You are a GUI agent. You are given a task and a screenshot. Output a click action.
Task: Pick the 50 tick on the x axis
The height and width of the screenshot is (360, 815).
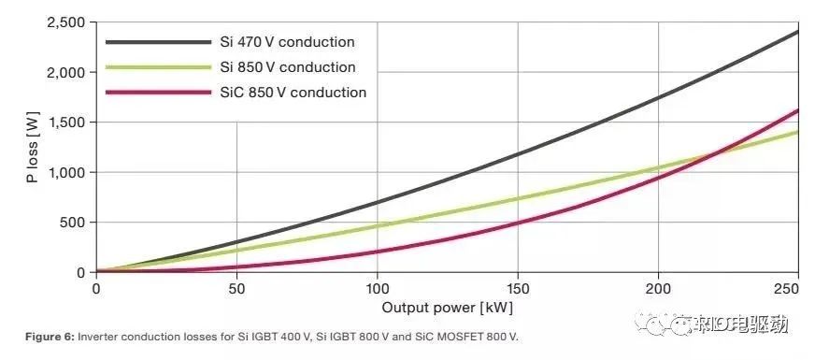(236, 290)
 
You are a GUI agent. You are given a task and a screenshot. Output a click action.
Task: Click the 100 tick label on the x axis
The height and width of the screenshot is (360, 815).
(377, 290)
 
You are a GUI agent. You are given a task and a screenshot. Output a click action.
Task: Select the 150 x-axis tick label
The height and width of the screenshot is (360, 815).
(518, 290)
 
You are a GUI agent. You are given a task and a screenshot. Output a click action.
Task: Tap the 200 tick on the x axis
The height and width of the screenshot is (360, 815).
(658, 290)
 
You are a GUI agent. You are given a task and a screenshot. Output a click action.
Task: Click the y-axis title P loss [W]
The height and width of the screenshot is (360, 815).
(32, 148)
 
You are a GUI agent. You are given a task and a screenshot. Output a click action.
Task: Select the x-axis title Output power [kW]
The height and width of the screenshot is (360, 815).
(447, 308)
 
